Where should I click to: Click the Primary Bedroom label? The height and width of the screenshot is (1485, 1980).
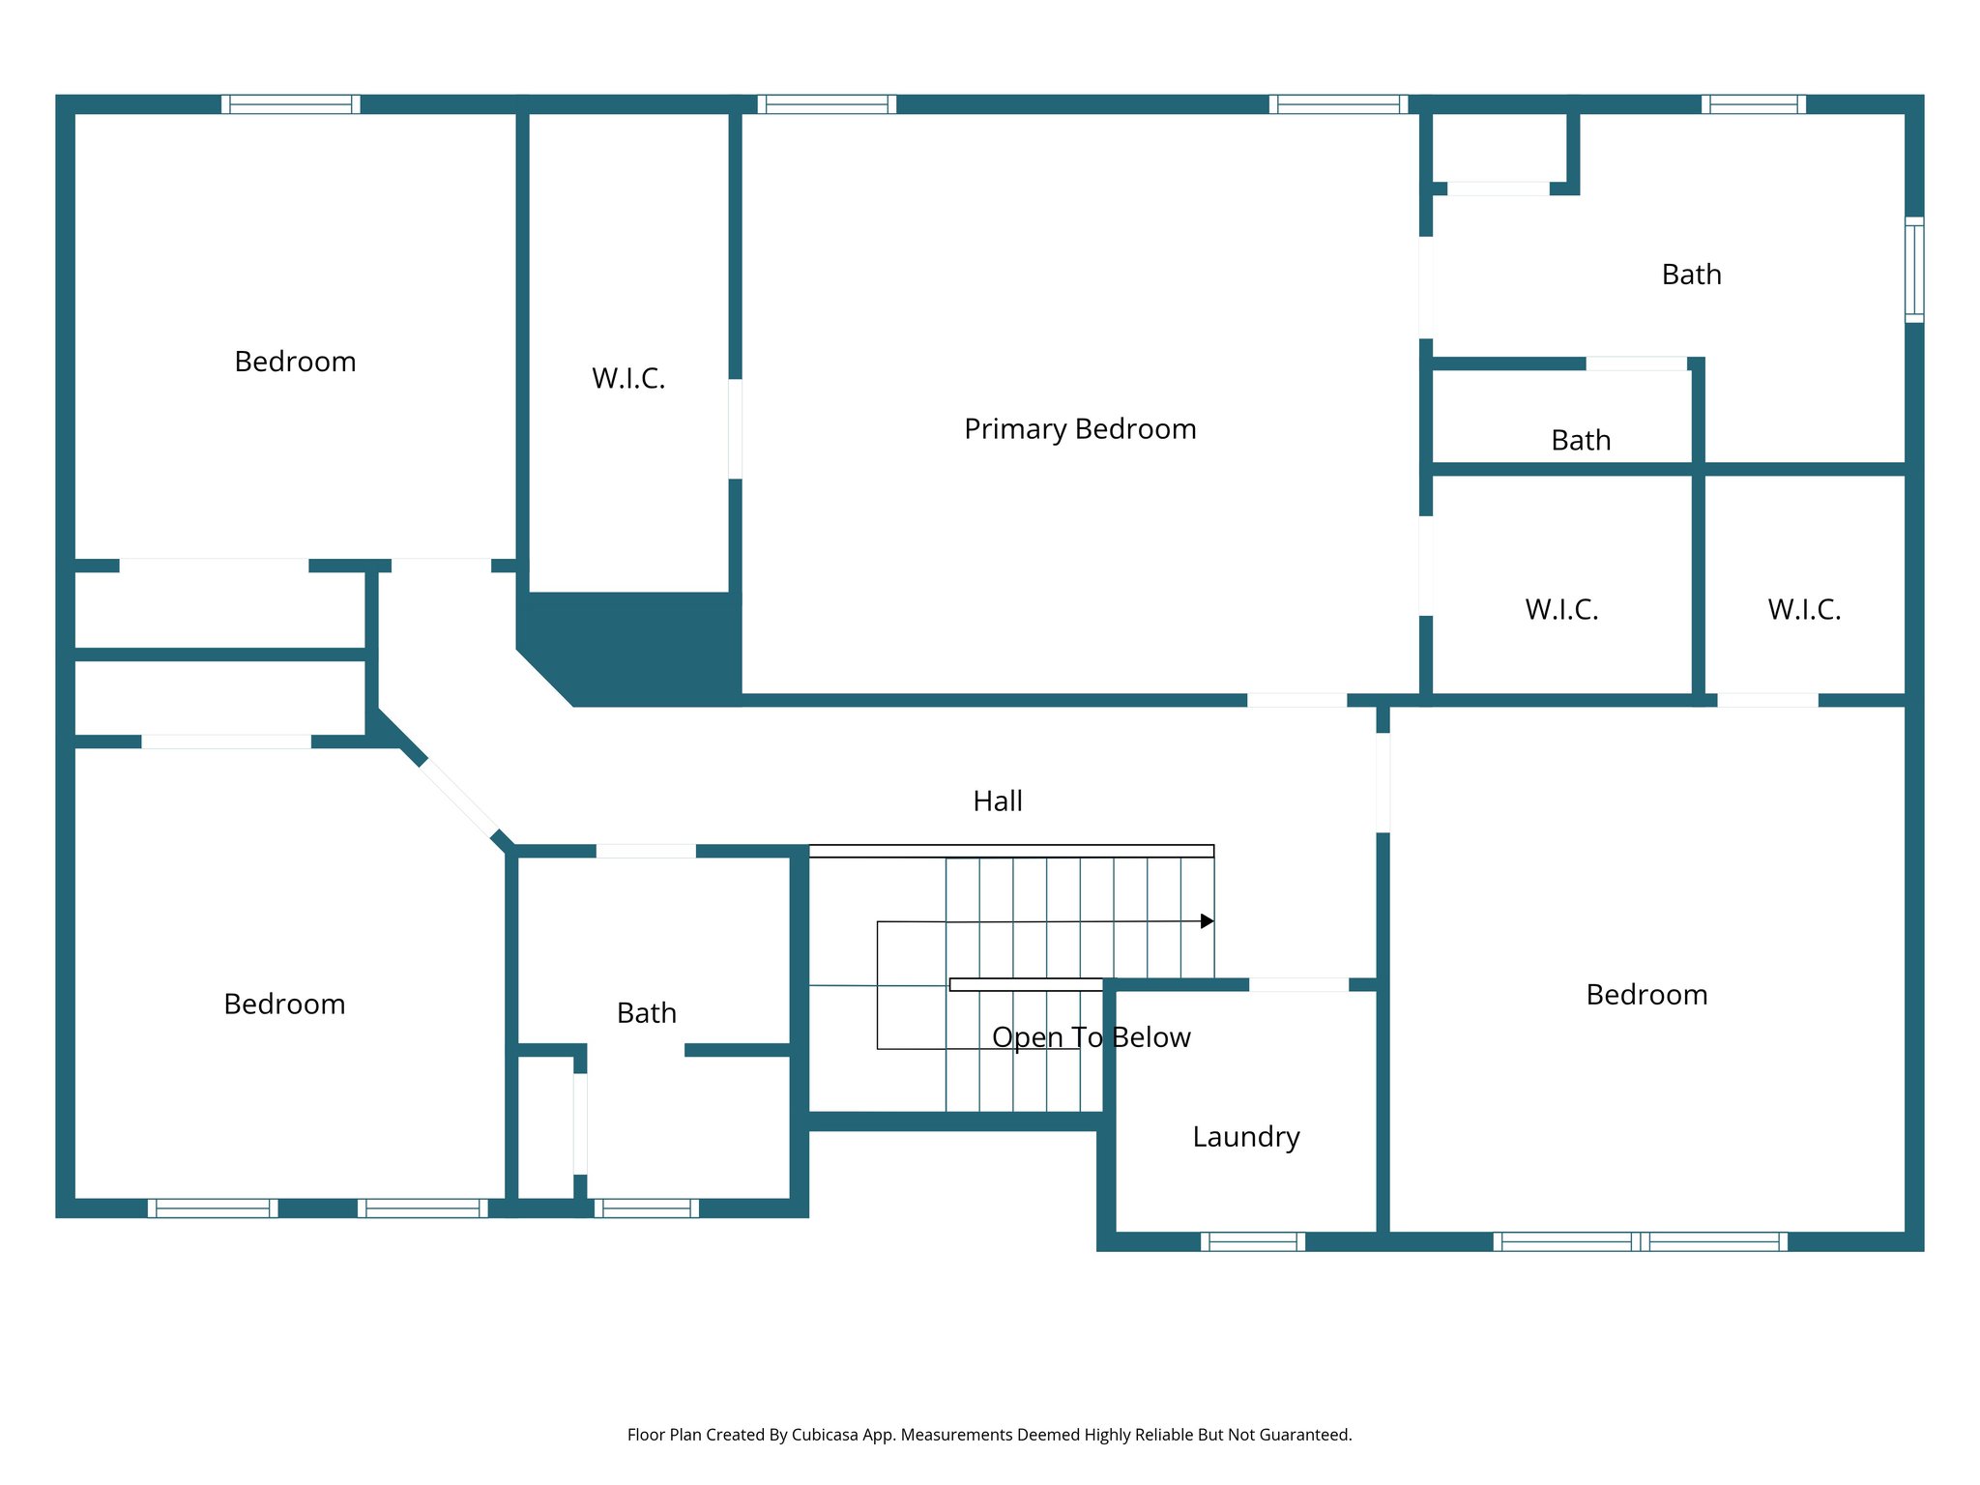tap(1080, 428)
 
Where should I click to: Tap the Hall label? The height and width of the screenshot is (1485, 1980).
tap(998, 801)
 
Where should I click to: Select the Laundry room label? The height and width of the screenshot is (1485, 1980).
tap(1246, 1136)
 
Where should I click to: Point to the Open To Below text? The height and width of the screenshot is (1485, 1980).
tap(1092, 1037)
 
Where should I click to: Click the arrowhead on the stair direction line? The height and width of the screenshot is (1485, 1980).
tap(1207, 921)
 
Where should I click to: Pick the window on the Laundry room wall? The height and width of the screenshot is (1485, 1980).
tap(1253, 1241)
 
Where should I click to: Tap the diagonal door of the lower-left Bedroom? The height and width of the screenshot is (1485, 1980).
tap(458, 798)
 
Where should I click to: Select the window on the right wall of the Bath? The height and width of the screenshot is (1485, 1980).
tap(1914, 270)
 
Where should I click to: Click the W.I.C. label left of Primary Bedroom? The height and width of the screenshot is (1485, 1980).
tap(628, 378)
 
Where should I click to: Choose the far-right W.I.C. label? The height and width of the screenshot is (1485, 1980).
tap(1804, 609)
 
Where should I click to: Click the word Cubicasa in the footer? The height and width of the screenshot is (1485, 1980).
tap(825, 1435)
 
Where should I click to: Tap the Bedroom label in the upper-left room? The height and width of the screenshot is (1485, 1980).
tap(295, 362)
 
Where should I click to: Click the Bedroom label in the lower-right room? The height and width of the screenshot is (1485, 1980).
tap(1646, 995)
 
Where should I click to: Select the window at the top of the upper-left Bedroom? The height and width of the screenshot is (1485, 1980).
tap(290, 104)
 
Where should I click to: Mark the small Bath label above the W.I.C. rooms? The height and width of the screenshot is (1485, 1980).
tap(1581, 440)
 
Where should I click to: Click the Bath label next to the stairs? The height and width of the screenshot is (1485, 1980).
tap(647, 1013)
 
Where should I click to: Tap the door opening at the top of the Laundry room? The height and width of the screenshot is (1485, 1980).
tap(1298, 984)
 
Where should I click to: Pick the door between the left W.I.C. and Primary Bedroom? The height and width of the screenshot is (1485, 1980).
tap(736, 428)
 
